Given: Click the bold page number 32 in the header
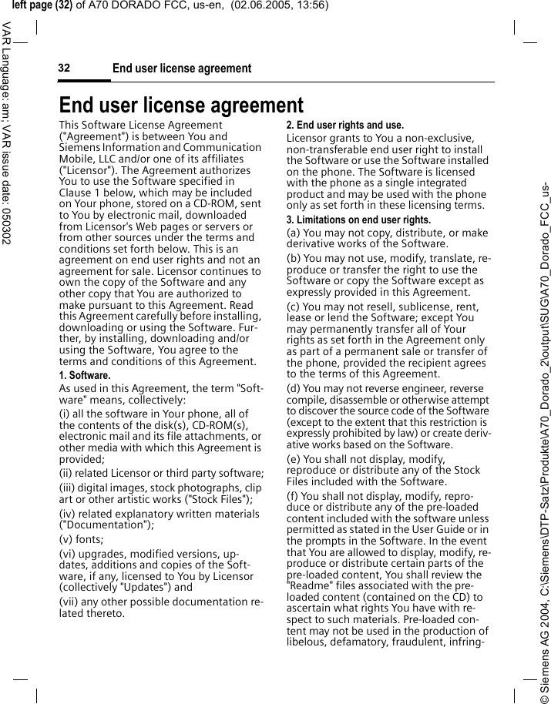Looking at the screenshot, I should pos(64,68).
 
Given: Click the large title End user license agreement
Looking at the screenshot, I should pos(181,105).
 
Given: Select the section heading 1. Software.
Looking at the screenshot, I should pos(85,375).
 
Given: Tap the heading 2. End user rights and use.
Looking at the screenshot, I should pos(344,125).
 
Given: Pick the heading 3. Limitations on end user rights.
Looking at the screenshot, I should pos(358,220).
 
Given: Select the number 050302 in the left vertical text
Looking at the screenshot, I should pos(6,224).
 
